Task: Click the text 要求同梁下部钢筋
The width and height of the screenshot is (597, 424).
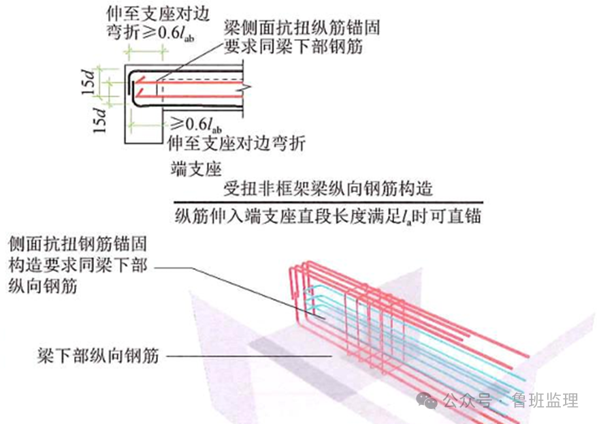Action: click(293, 47)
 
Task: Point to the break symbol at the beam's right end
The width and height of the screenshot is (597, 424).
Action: click(249, 87)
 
